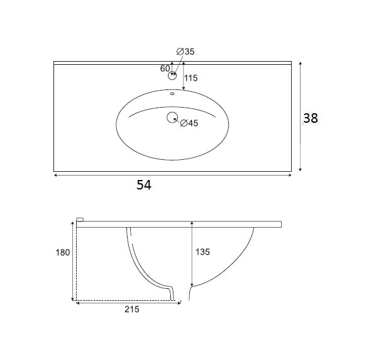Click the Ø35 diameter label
tap(185, 52)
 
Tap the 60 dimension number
tap(165, 69)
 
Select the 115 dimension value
tap(191, 78)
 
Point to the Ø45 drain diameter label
tap(189, 123)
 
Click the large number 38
tap(311, 118)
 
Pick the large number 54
tap(144, 185)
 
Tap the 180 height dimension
tap(63, 252)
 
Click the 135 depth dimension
tap(202, 252)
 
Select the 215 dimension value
tap(132, 310)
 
